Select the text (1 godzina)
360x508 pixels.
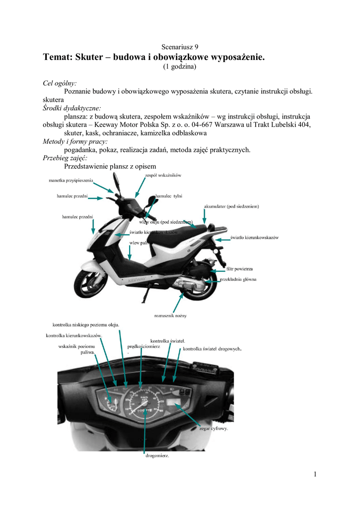click(x=180, y=66)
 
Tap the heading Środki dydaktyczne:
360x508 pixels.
click(x=72, y=108)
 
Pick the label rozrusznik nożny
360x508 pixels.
click(x=170, y=315)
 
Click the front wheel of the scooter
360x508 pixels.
click(x=91, y=283)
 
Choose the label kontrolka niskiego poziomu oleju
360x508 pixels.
click(x=85, y=325)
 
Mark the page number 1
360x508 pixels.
click(x=315, y=474)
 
